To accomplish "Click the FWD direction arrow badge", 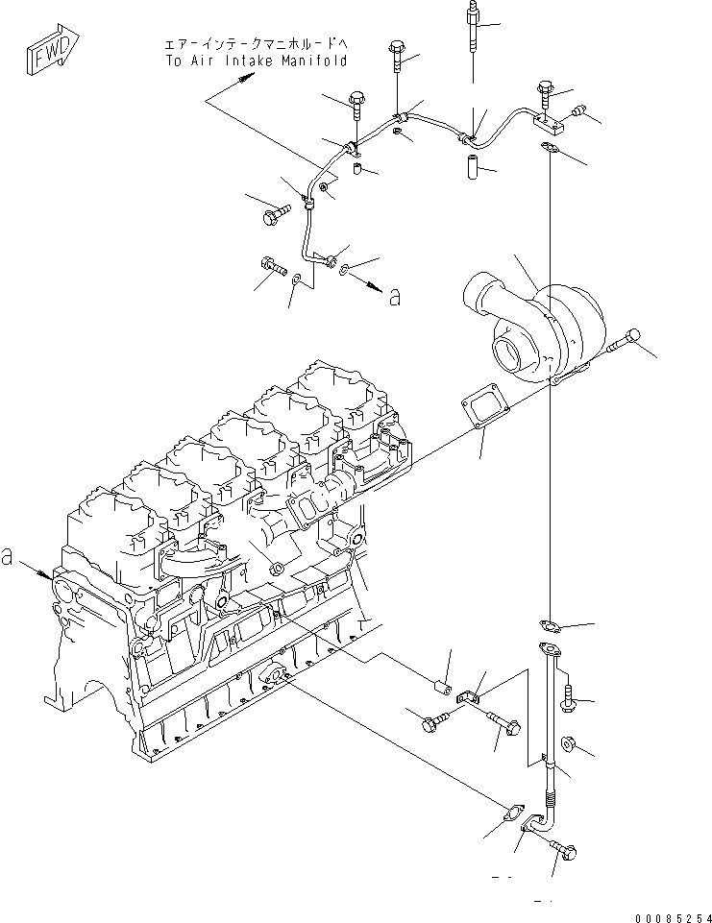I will coord(46,58).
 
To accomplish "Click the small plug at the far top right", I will coord(579,111).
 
